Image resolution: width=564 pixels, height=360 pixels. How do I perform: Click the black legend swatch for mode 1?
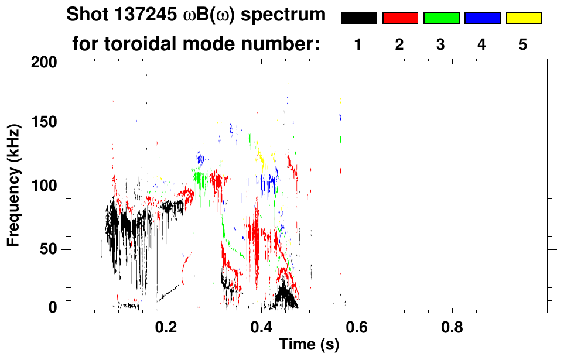pos(359,18)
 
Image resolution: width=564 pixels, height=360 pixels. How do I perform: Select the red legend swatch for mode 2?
pos(400,18)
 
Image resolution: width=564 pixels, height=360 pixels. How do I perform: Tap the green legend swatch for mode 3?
pos(441,18)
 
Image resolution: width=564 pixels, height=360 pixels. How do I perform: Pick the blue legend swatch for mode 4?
pos(482,18)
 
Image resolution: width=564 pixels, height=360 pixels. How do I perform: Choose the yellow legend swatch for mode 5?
pos(523,18)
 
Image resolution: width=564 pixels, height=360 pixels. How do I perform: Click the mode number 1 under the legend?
pos(358,44)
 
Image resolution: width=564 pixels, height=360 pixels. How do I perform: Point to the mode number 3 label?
pos(440,44)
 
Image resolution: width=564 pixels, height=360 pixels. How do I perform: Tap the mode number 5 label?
pos(523,44)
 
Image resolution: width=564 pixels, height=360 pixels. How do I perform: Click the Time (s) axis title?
pos(309,345)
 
